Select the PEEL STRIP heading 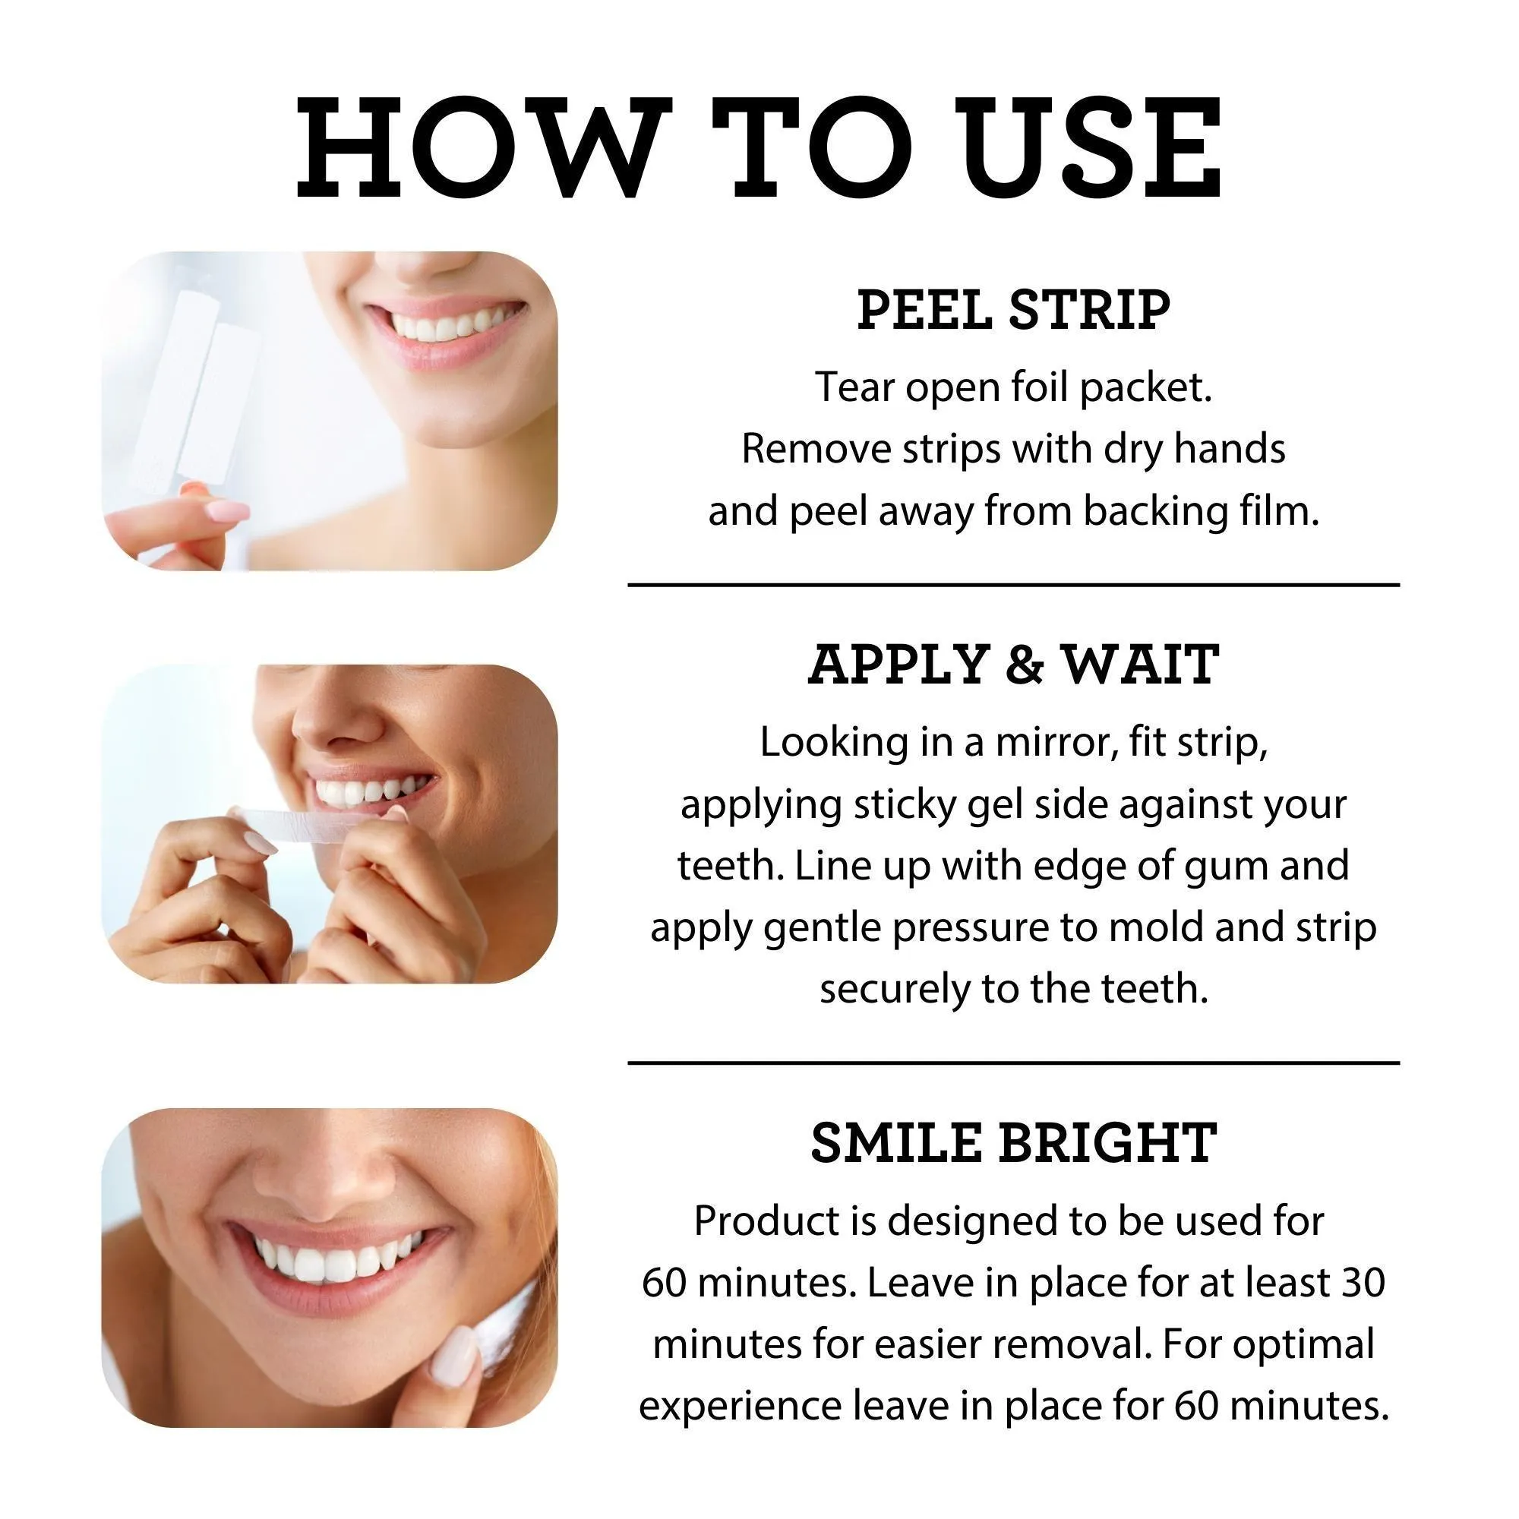[x=1013, y=310]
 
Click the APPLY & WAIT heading [x=1013, y=665]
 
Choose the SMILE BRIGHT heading [x=1013, y=1143]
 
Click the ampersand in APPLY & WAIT [x=1025, y=665]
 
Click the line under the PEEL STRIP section [x=1013, y=585]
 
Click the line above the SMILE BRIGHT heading [x=1013, y=1063]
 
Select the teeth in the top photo [x=448, y=325]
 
